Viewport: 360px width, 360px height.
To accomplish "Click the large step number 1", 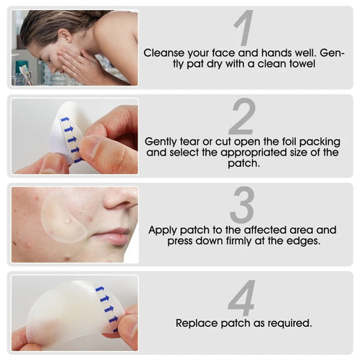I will coord(244,28).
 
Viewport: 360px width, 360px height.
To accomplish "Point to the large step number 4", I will coord(243,298).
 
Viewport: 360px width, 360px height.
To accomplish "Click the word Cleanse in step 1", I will coord(163,53).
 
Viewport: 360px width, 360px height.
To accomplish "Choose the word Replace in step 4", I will coord(196,323).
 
